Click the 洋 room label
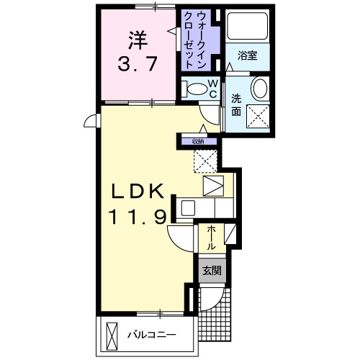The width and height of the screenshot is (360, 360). pyautogui.click(x=138, y=38)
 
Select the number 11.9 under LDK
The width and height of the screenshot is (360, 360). pyautogui.click(x=140, y=215)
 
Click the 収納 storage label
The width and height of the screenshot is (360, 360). pyautogui.click(x=198, y=141)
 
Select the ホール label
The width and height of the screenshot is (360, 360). pyautogui.click(x=212, y=238)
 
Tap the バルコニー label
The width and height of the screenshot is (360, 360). pyautogui.click(x=152, y=336)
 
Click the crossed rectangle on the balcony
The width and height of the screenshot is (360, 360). pyautogui.click(x=112, y=335)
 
